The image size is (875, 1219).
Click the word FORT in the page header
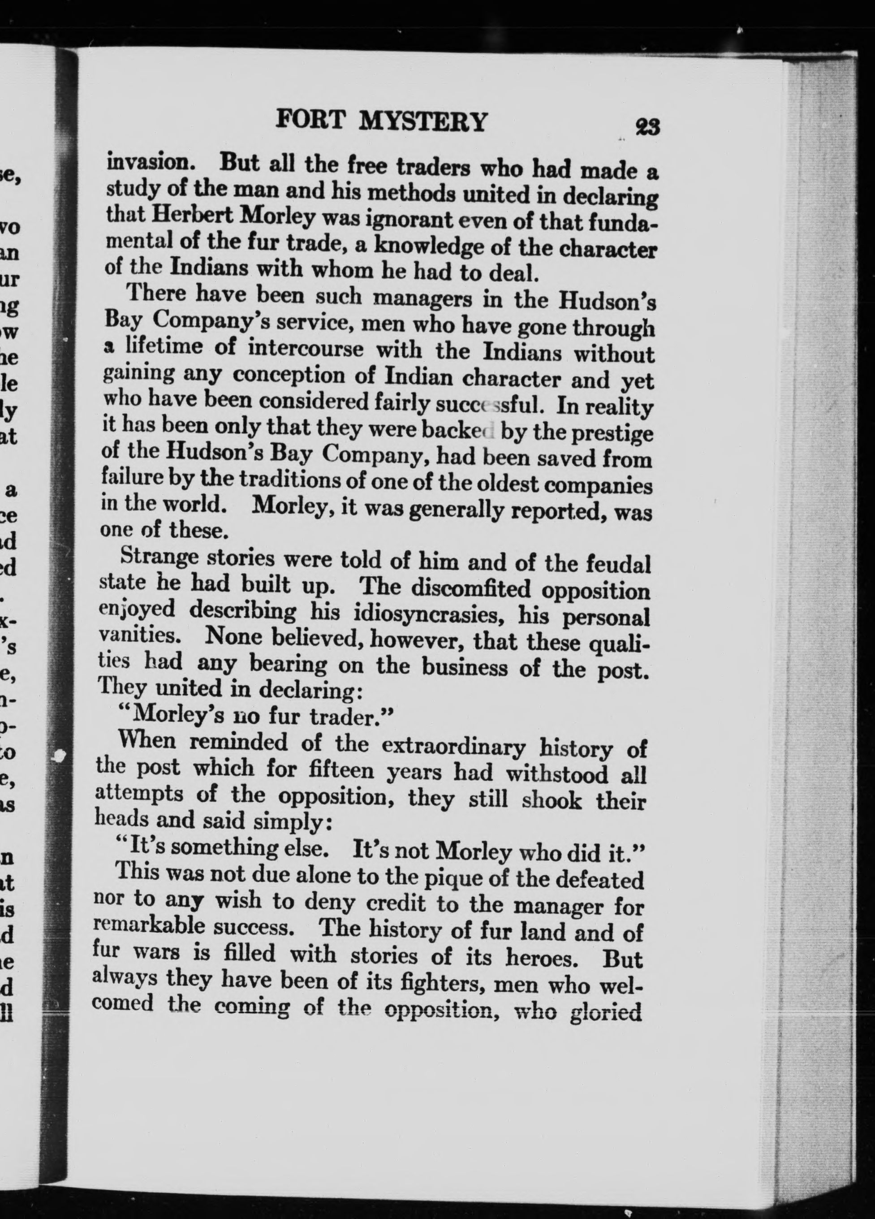point(309,121)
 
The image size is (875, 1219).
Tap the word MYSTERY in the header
point(423,122)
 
